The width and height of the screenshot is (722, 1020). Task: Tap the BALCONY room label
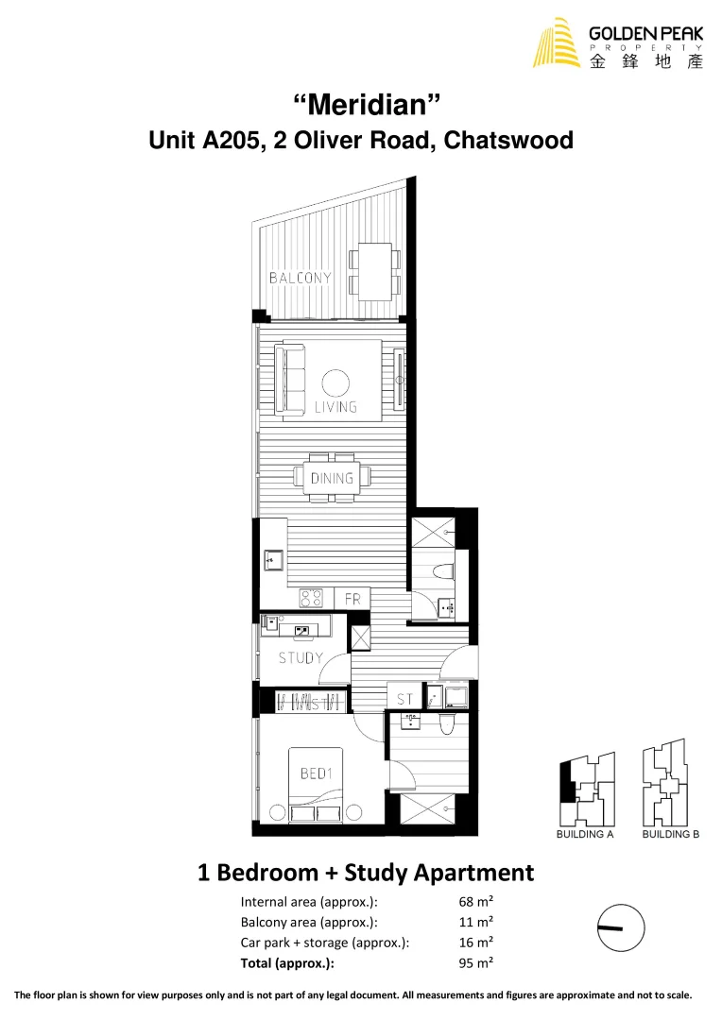(x=301, y=278)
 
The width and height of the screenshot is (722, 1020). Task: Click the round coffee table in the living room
(x=335, y=382)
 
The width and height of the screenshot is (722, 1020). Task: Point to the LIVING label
(x=335, y=407)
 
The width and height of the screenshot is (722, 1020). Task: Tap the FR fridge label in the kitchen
(x=352, y=599)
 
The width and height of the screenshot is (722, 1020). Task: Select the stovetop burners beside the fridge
(x=312, y=598)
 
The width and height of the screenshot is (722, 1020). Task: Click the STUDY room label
(x=301, y=658)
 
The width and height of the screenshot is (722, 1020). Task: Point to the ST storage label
(x=404, y=700)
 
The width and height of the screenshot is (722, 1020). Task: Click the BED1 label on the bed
(x=317, y=773)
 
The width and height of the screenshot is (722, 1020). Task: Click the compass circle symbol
(x=621, y=928)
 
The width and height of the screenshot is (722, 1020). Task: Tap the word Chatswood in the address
(x=508, y=141)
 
